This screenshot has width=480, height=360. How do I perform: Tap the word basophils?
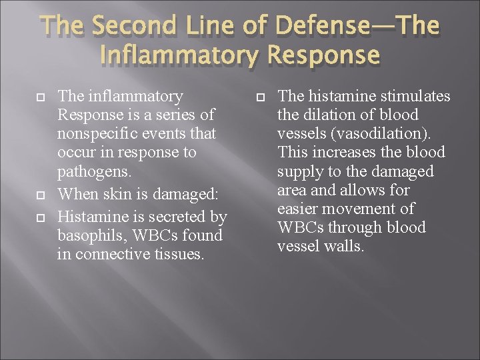[x=93, y=235]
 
